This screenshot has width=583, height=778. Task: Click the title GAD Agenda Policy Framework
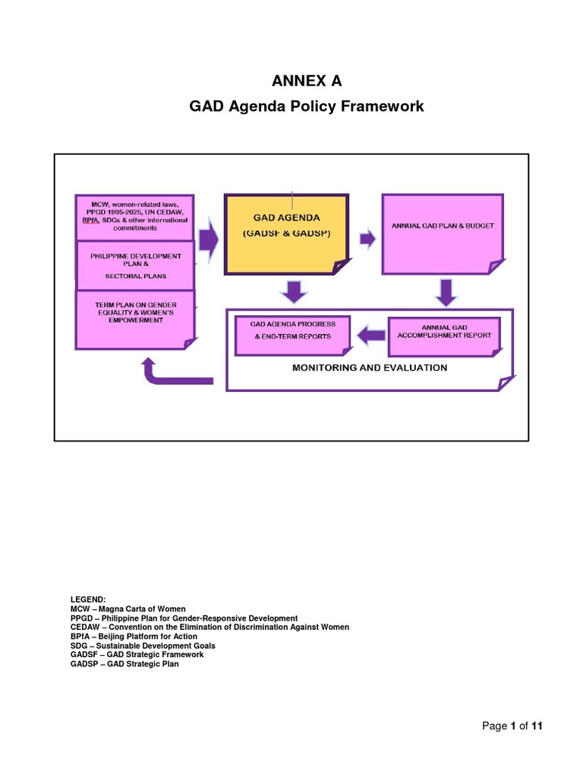tap(306, 106)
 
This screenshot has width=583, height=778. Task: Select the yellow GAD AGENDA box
tap(287, 233)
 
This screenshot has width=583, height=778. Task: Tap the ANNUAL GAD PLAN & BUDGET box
tap(442, 233)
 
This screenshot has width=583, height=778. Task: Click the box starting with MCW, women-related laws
tap(134, 217)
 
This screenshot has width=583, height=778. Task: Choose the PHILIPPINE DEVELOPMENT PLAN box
tap(136, 264)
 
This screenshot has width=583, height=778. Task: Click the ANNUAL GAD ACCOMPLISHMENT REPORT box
tap(444, 334)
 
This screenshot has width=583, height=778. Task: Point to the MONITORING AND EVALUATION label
tap(370, 368)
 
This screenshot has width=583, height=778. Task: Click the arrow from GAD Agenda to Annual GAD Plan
tap(367, 239)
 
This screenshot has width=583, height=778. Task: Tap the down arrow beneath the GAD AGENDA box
tap(292, 290)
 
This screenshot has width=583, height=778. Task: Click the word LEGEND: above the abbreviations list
tap(90, 600)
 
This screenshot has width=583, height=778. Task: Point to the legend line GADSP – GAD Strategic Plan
tap(124, 663)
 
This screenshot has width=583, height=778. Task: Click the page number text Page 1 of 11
tap(512, 726)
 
